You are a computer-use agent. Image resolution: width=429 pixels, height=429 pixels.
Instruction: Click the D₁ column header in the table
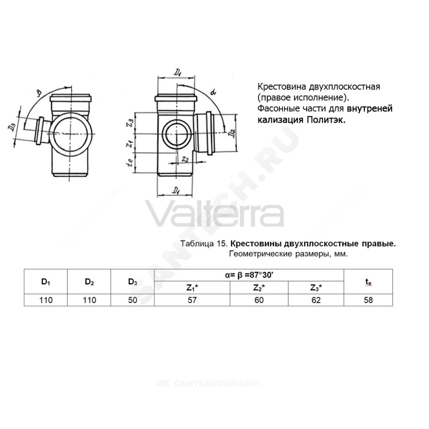click(46, 282)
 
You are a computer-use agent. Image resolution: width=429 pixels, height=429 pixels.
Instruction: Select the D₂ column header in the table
click(89, 282)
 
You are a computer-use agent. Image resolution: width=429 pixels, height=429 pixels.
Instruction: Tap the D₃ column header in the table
click(133, 282)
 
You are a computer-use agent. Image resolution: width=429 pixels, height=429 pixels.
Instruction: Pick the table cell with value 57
click(192, 300)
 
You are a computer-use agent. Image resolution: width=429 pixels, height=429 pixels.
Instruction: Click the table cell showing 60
click(259, 300)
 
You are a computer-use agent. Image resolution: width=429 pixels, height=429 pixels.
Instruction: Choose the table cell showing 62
click(316, 300)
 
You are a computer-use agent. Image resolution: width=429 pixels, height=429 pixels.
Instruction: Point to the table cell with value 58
click(368, 300)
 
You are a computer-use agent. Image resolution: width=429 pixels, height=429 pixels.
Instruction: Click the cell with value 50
click(133, 300)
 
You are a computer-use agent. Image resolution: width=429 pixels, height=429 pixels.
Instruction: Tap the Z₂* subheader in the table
click(259, 287)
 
